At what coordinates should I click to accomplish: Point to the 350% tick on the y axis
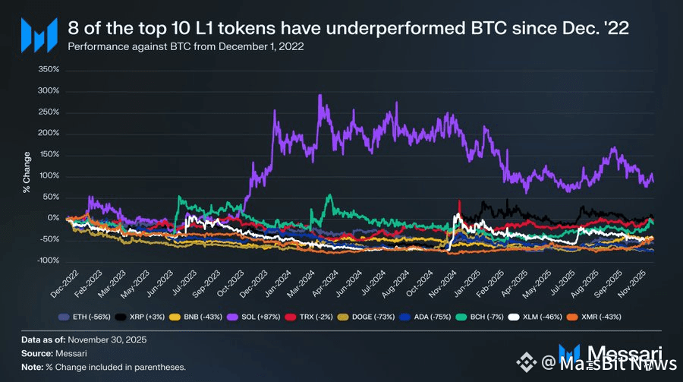[x=48, y=69]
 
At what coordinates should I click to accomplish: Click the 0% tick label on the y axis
[x=53, y=218]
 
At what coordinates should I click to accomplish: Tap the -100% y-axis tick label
[x=47, y=260]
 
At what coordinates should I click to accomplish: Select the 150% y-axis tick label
[x=48, y=155]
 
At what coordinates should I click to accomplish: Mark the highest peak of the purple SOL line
[x=320, y=95]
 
